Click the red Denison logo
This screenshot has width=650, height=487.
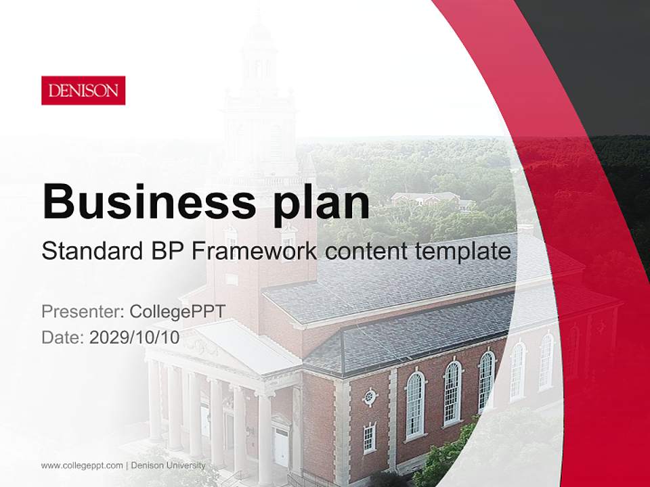point(83,90)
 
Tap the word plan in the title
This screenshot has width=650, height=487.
point(318,202)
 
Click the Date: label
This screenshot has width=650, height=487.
point(63,337)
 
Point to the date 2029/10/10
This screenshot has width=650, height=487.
point(134,337)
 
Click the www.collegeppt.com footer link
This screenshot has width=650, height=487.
point(82,465)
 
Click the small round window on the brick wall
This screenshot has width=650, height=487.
point(370,397)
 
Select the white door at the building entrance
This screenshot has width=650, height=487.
point(280,446)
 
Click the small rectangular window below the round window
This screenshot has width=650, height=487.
point(369,438)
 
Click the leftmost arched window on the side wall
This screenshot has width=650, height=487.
point(414,405)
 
